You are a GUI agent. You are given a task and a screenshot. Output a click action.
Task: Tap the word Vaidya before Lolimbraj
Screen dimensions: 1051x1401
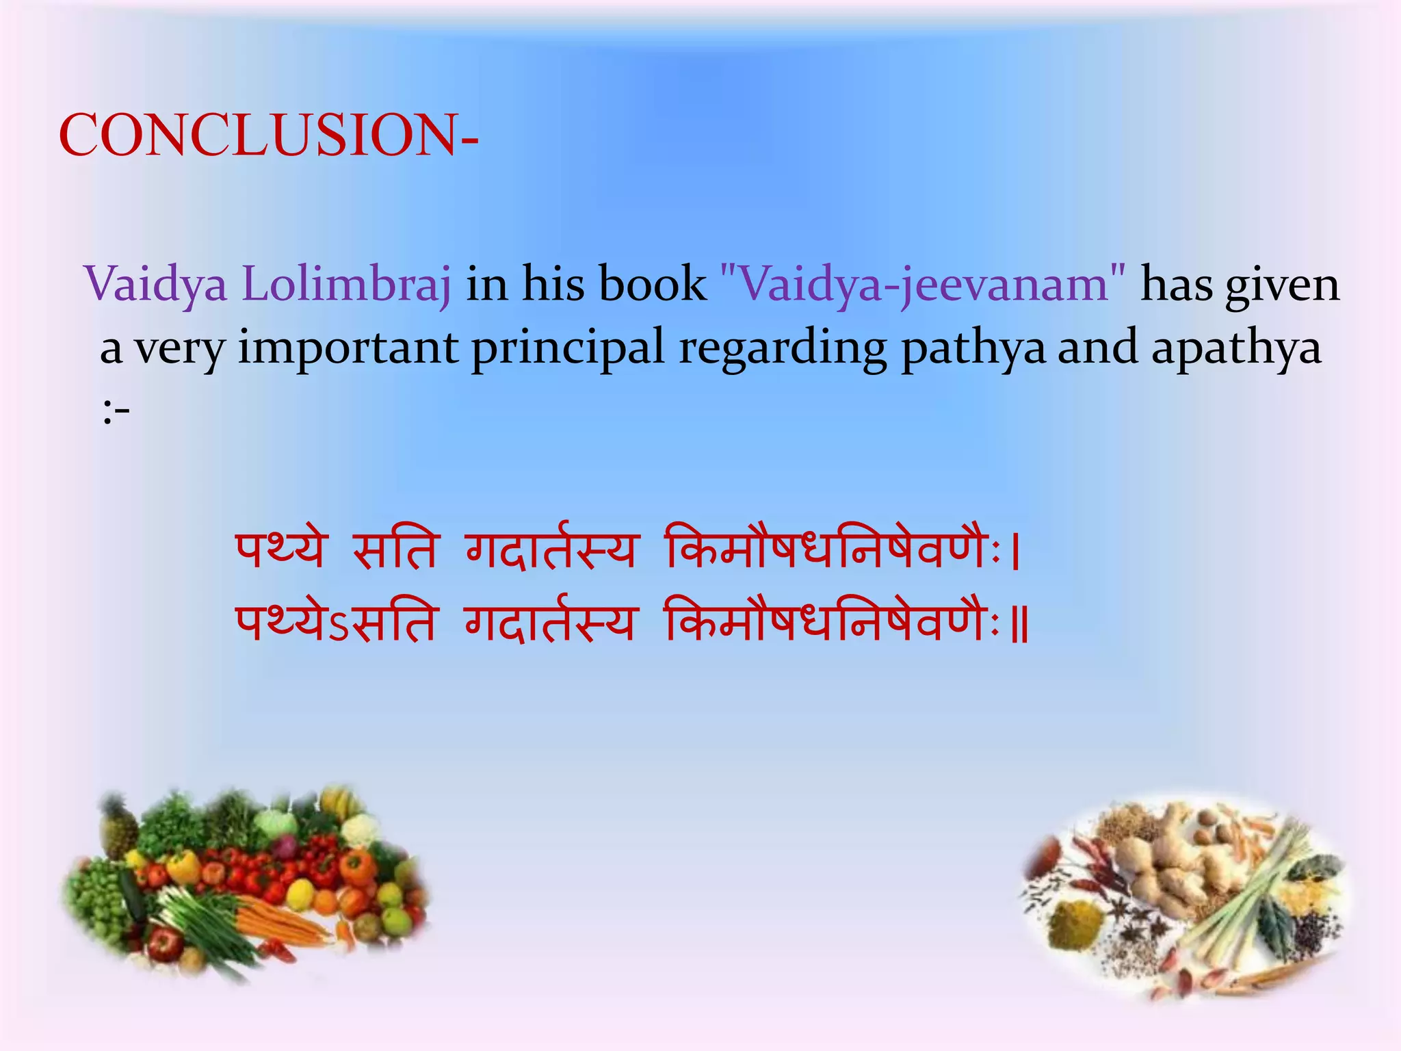(155, 284)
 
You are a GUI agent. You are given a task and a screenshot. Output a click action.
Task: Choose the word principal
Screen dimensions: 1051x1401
(568, 348)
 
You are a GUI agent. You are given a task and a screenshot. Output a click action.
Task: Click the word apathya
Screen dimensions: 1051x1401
(1236, 348)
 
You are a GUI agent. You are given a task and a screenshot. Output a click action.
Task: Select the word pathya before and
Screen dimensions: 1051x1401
(973, 348)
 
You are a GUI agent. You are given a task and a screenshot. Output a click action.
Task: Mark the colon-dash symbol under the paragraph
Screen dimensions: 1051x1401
(116, 413)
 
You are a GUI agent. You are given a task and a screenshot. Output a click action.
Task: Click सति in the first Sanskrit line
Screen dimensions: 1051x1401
(395, 549)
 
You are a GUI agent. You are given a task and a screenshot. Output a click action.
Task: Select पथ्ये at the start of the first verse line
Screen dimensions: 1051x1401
(280, 549)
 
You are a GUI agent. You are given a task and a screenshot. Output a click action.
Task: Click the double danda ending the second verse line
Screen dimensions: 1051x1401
(1019, 624)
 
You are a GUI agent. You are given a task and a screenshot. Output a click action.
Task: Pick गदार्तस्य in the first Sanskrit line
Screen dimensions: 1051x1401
(551, 549)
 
